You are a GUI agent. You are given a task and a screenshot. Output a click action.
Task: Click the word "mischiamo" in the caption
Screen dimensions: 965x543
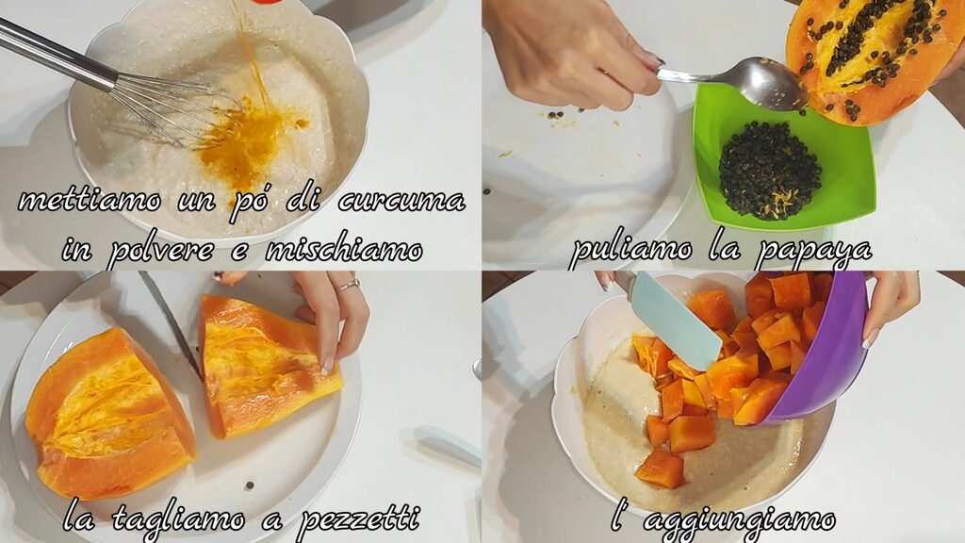(x=344, y=249)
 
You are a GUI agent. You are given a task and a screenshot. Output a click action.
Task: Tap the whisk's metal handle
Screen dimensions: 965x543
(x=56, y=54)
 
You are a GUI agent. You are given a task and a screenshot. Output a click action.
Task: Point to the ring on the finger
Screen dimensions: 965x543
(x=349, y=285)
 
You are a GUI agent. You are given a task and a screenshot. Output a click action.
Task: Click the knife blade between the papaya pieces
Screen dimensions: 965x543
(x=171, y=323)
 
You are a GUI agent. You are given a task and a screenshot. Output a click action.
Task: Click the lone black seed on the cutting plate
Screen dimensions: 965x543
(x=249, y=485)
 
